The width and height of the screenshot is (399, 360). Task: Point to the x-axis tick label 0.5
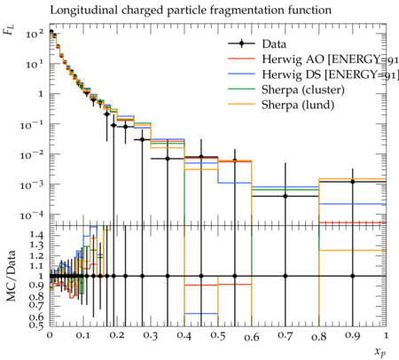point(218,336)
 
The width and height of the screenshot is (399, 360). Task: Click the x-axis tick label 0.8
point(319,336)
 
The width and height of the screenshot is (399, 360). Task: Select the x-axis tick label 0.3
point(151,336)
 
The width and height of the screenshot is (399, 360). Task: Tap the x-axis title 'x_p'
point(380,351)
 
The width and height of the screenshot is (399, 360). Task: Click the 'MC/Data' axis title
point(12,276)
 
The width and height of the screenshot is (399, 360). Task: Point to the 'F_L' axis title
point(9,29)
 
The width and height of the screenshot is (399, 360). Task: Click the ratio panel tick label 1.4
point(36,235)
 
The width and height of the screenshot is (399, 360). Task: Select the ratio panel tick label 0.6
point(36,317)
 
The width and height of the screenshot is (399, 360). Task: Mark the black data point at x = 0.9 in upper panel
point(353,182)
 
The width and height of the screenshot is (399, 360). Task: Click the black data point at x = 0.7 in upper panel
point(286,196)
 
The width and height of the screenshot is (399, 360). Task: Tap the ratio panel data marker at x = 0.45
point(201,276)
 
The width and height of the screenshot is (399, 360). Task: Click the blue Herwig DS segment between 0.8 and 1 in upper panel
point(353,204)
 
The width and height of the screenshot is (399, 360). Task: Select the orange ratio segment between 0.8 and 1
point(353,250)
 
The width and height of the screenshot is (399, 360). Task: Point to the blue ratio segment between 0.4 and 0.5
point(201,313)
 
